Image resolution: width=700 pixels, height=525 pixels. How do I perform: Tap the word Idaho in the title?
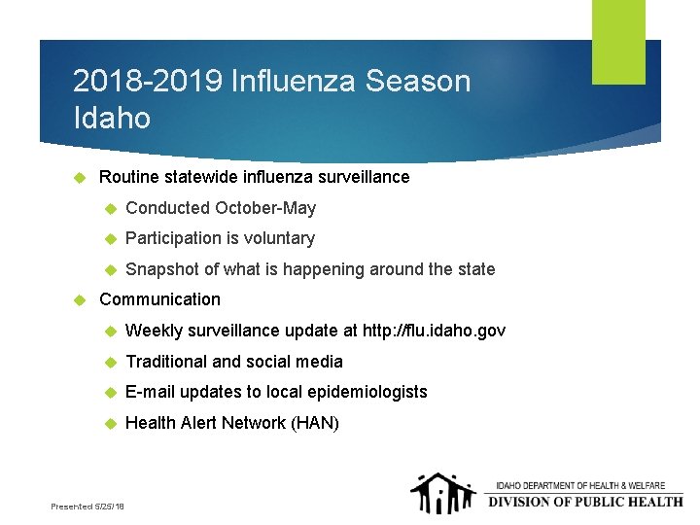(112, 119)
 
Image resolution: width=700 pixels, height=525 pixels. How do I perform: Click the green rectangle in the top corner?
(618, 41)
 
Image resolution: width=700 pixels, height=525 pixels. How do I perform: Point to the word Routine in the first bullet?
(129, 177)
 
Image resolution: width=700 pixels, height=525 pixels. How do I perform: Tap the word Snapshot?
(162, 269)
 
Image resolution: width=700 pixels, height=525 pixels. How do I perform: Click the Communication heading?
(160, 299)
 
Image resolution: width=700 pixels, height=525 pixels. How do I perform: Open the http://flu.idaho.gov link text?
(434, 331)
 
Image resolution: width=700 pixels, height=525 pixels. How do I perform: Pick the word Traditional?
(166, 362)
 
